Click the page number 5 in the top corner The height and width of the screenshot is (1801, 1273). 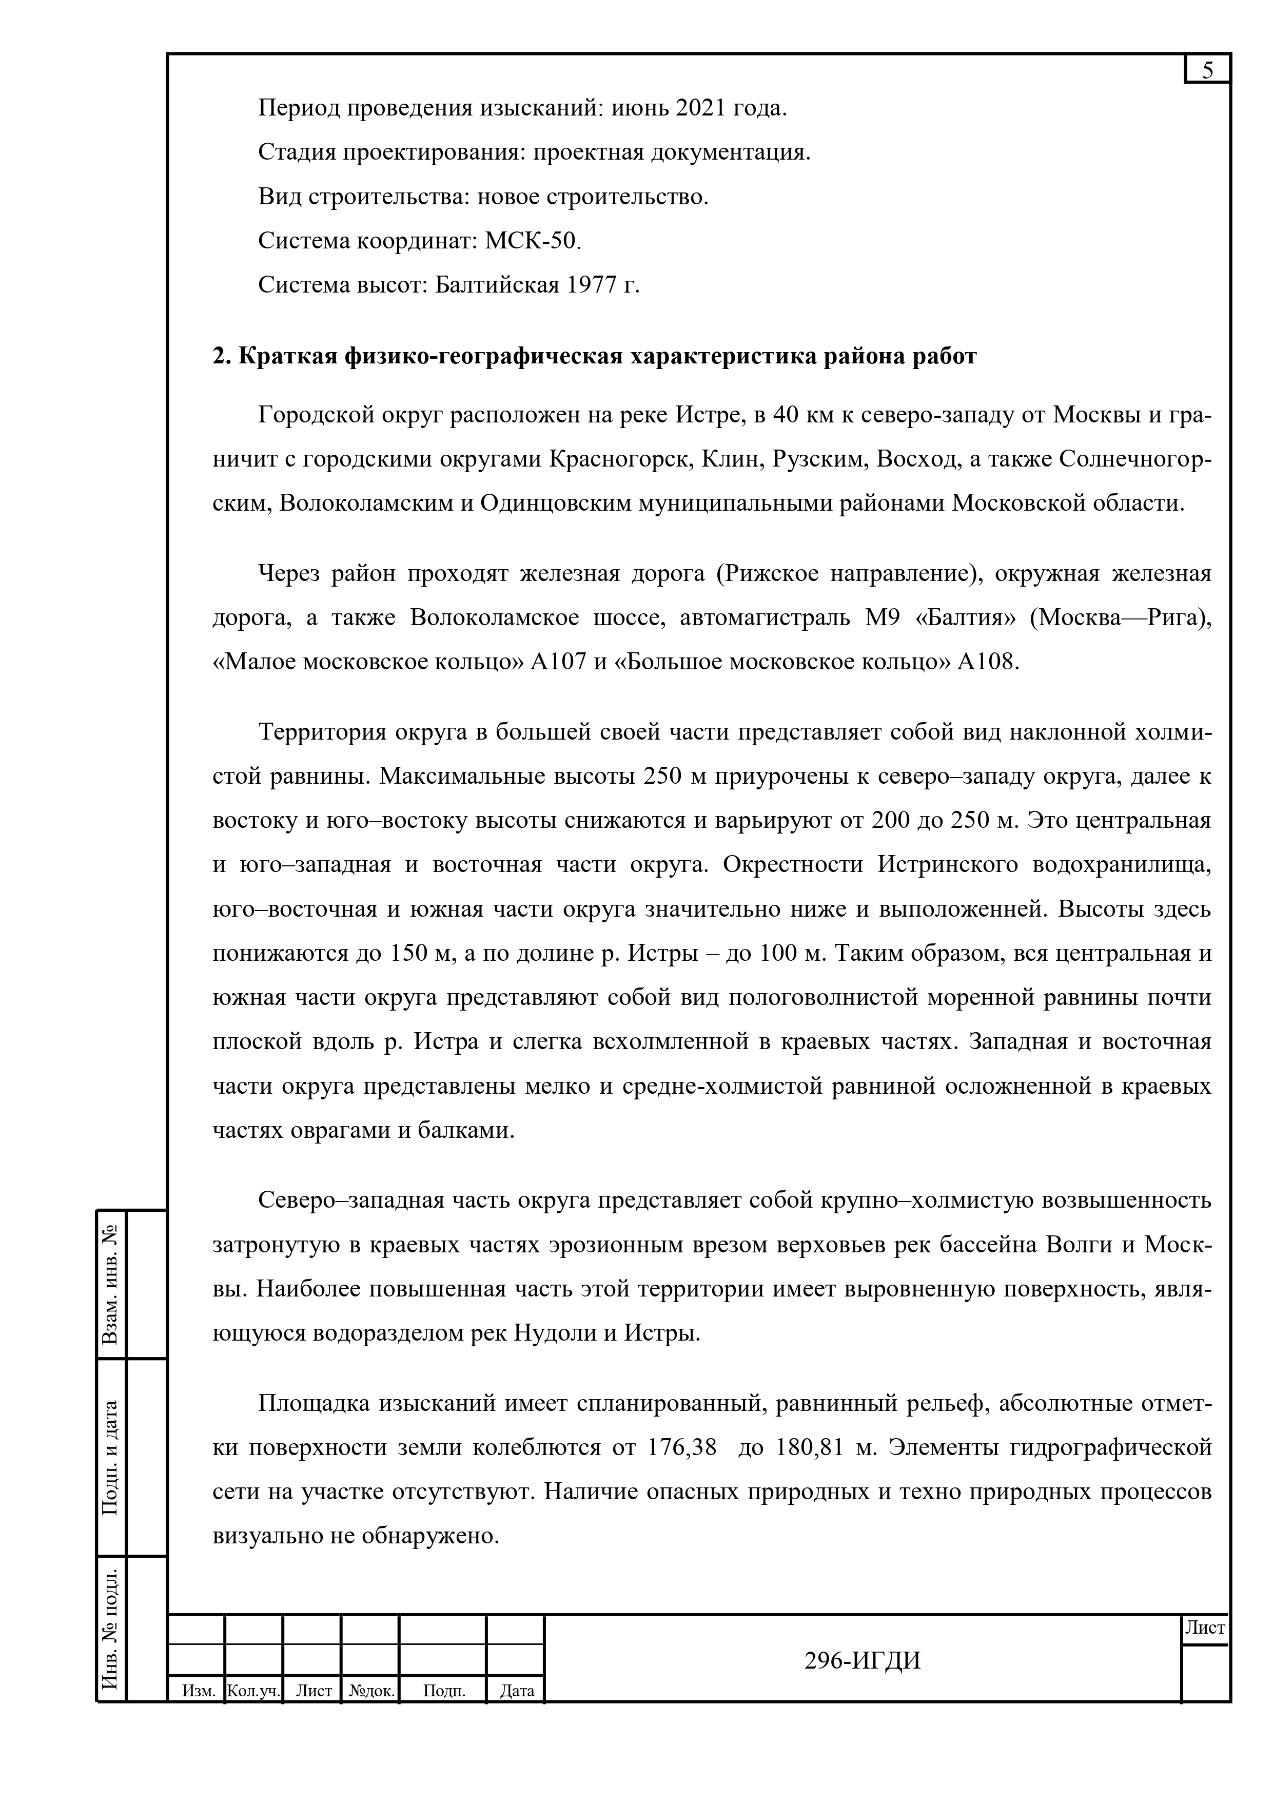(x=1207, y=71)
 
